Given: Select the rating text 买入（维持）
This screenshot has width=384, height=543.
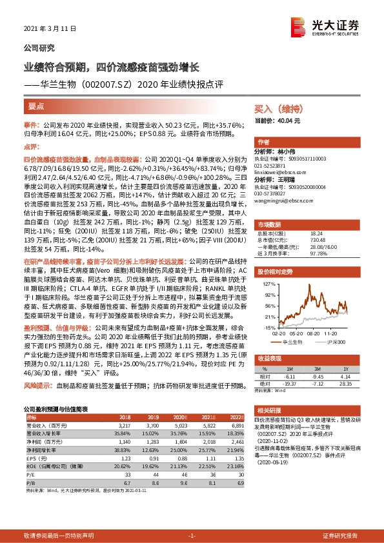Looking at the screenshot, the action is pos(275,110).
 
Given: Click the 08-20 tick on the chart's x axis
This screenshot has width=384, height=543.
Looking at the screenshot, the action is pos(314,333).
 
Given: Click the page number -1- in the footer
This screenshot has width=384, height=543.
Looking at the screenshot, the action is pos(192,535).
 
